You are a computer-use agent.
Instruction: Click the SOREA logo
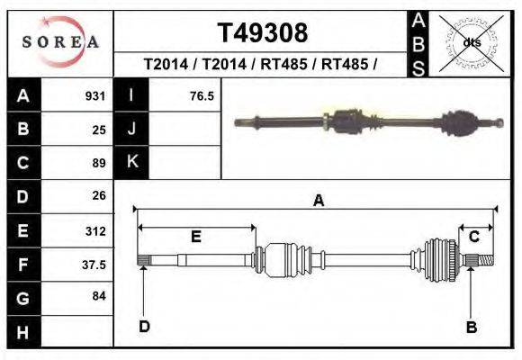[60, 42]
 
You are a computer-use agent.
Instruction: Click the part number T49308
[262, 33]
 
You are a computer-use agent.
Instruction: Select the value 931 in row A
[96, 95]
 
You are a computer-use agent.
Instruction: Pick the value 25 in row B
[99, 130]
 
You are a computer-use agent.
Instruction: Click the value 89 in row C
[99, 163]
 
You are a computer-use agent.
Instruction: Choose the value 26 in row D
[99, 195]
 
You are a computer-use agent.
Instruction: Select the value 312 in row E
[96, 230]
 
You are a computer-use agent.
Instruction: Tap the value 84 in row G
[99, 296]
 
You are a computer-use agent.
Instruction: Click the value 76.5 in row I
[202, 95]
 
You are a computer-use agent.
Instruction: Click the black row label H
[23, 332]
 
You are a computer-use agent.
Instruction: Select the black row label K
[131, 162]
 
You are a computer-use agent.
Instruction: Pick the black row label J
[131, 129]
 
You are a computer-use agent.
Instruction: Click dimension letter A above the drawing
[318, 202]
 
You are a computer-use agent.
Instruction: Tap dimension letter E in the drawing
[195, 236]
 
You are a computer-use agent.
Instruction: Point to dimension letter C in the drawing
[473, 236]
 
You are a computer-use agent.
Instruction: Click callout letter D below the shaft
[144, 327]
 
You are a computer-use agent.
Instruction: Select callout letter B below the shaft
[471, 327]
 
